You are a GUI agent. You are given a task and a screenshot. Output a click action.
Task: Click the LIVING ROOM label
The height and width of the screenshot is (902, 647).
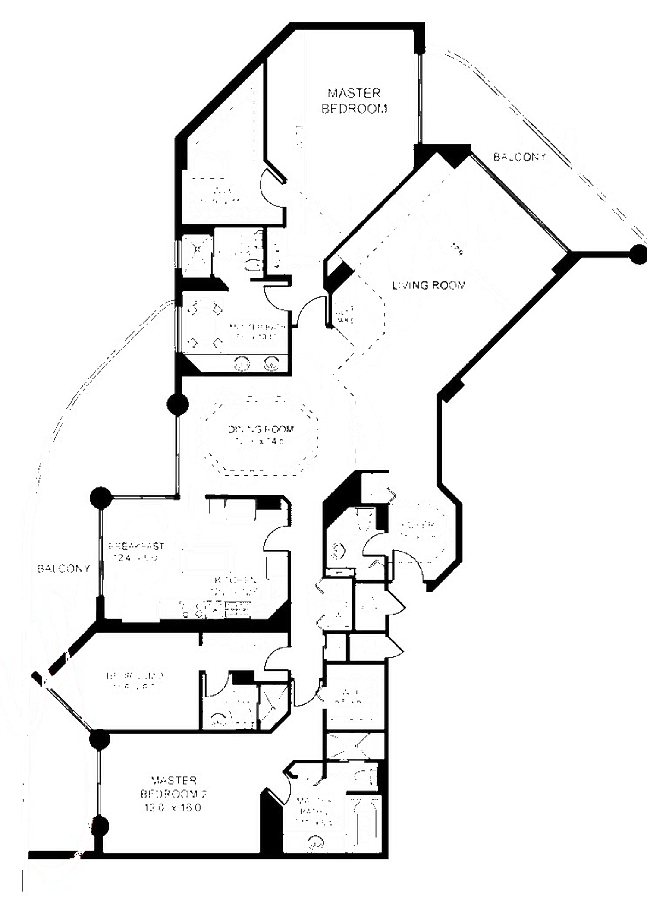click(429, 285)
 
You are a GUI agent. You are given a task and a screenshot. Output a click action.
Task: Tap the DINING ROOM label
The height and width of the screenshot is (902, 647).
click(261, 429)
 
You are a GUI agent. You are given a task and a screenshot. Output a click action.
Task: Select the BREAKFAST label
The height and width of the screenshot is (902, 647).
click(136, 546)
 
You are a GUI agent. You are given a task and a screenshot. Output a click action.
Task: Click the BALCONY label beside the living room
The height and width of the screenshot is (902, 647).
click(519, 157)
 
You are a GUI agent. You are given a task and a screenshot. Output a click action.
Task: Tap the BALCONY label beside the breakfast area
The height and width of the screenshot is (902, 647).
click(64, 568)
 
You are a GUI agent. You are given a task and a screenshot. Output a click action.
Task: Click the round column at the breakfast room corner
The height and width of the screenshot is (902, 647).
click(101, 498)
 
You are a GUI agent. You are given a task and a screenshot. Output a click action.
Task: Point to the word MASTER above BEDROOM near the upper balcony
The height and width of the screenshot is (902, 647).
click(354, 93)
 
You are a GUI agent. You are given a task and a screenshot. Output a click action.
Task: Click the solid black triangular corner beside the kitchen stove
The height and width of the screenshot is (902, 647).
click(280, 613)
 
